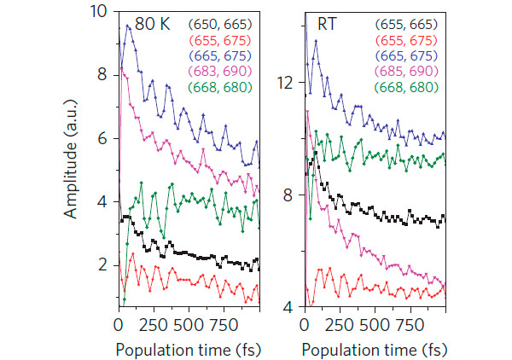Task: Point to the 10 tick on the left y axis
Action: click(101, 13)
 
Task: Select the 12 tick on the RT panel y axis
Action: click(288, 83)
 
